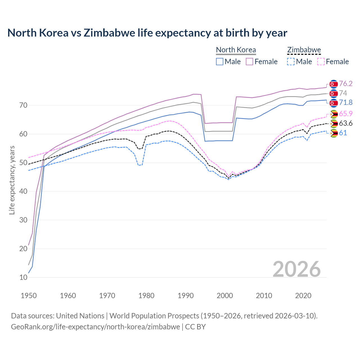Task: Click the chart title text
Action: (x=147, y=33)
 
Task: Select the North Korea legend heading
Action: (x=236, y=50)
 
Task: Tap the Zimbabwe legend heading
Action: (x=304, y=50)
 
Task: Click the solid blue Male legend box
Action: (x=220, y=62)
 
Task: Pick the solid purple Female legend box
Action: (x=249, y=62)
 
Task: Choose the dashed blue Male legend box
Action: (x=291, y=62)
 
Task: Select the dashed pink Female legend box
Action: (x=321, y=62)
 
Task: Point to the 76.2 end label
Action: (x=346, y=84)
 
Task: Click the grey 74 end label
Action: (x=343, y=93)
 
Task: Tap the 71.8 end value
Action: (x=346, y=103)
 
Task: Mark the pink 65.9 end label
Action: (x=346, y=114)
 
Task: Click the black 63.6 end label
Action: (x=346, y=123)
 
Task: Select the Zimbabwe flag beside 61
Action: (x=334, y=133)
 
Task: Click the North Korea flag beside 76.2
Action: (x=334, y=84)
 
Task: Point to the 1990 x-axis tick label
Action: (x=186, y=296)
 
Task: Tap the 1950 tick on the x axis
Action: (x=29, y=296)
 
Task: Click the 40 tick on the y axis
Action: (x=23, y=191)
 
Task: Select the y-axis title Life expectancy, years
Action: (x=12, y=180)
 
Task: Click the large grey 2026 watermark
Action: (x=297, y=269)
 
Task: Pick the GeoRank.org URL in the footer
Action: (x=95, y=327)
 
